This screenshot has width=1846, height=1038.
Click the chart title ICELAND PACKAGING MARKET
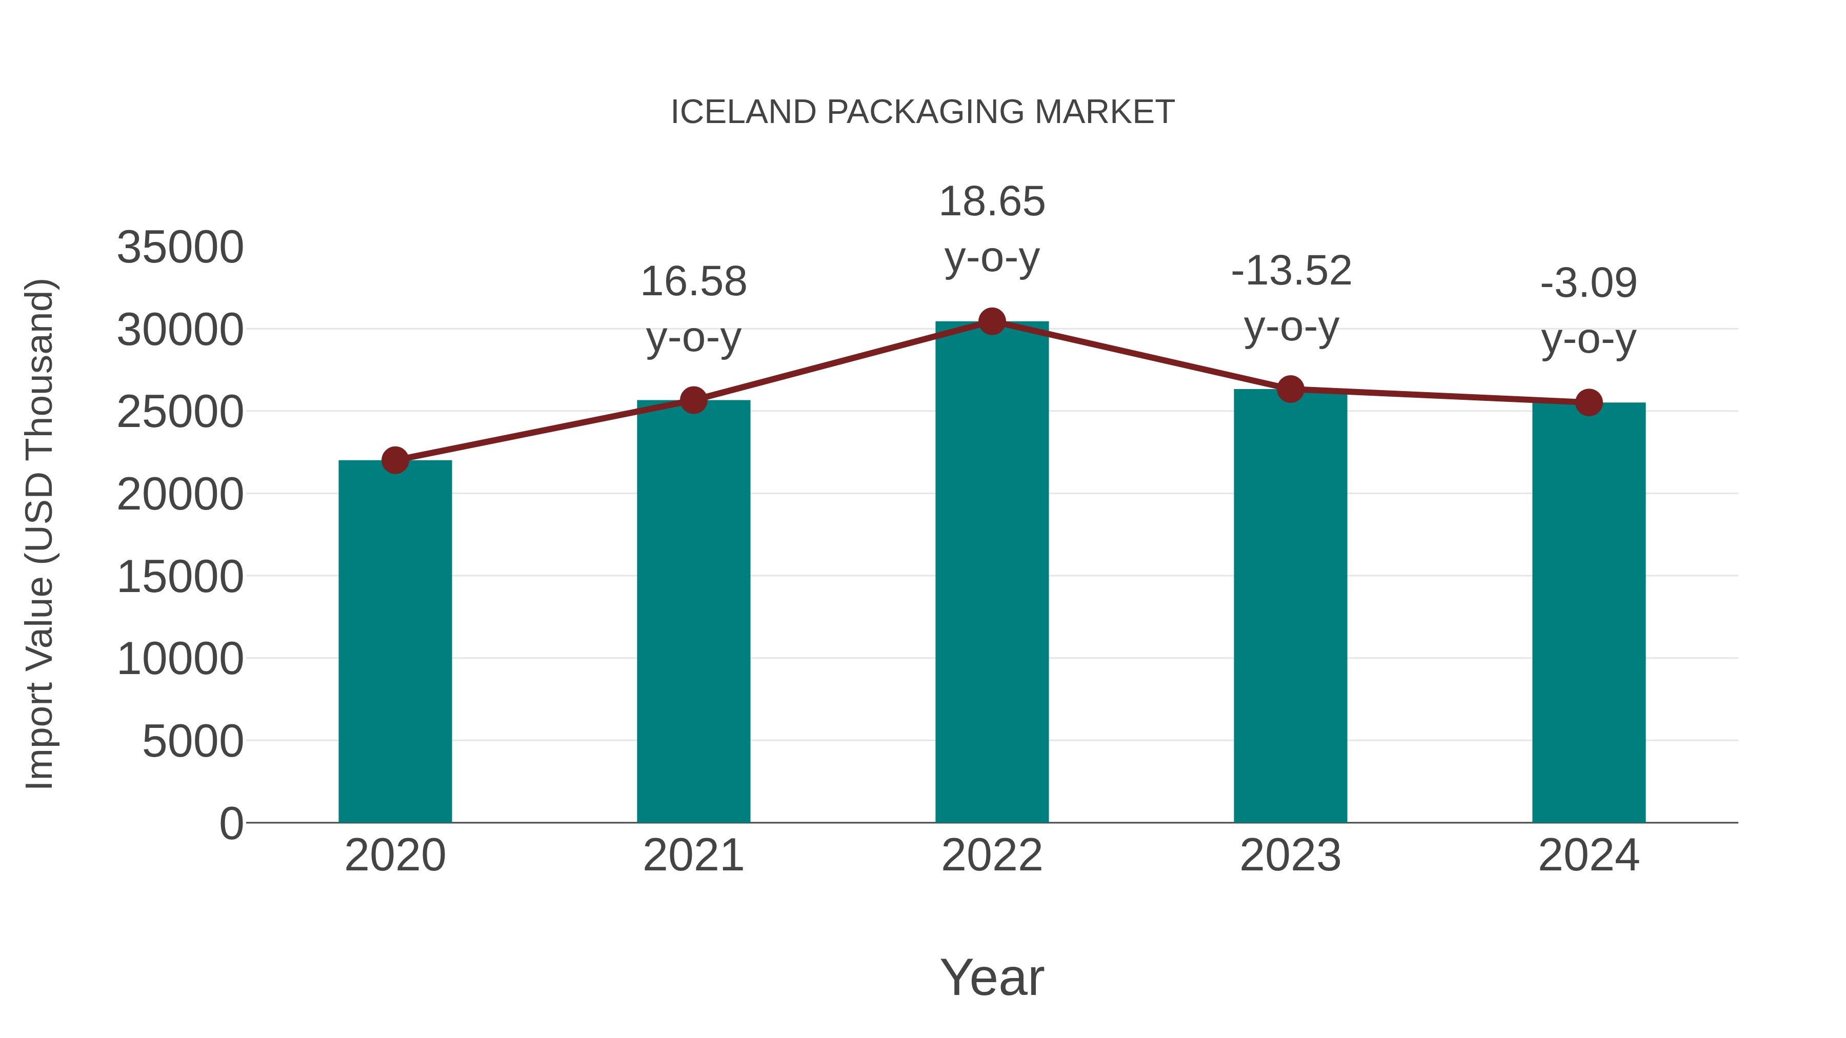tap(922, 112)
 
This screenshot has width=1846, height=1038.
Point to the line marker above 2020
tap(395, 460)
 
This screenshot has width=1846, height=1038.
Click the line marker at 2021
tap(694, 400)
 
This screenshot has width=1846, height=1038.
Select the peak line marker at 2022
tap(992, 321)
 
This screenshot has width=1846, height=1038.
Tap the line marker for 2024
tap(1589, 402)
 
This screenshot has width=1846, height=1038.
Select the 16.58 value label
tap(694, 281)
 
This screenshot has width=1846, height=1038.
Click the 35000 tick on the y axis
tap(180, 248)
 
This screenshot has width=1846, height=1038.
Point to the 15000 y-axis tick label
tap(180, 577)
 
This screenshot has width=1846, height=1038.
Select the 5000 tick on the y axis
tap(193, 741)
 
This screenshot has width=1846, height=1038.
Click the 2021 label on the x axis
tap(694, 856)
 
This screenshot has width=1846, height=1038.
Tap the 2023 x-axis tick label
tap(1290, 856)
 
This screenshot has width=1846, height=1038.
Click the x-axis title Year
tap(992, 977)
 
